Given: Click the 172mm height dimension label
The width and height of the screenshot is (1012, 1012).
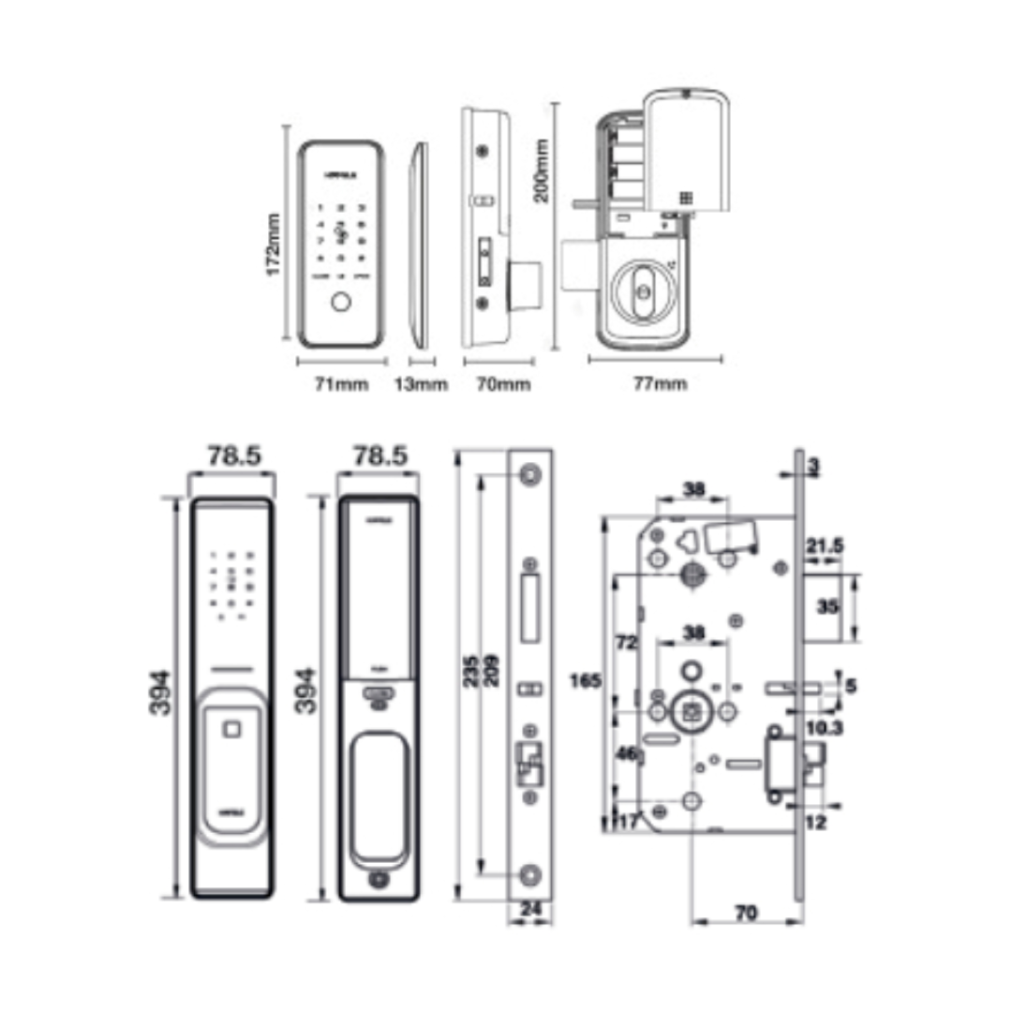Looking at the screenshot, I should (x=274, y=245).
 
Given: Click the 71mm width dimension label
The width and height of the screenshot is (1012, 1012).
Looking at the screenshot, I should (x=341, y=383).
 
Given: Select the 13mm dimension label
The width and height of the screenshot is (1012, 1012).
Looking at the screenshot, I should (x=420, y=383).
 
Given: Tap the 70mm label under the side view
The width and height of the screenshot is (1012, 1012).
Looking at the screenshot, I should (x=503, y=383).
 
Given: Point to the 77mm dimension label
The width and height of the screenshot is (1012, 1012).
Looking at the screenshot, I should (x=660, y=383).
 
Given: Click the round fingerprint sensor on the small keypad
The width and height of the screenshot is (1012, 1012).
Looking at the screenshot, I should (x=341, y=304).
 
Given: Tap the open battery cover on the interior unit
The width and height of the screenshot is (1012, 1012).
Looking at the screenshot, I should (x=689, y=150).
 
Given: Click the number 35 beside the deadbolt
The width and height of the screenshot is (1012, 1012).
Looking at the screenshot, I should (x=827, y=606).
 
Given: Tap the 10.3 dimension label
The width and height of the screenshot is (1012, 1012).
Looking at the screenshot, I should (x=824, y=726).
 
